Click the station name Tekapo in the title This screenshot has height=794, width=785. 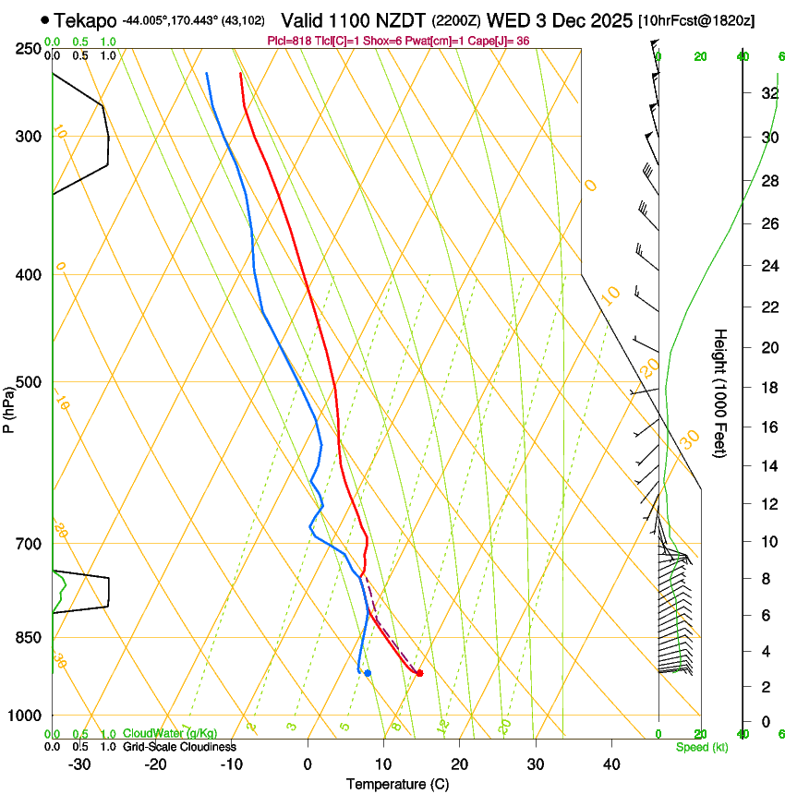point(85,20)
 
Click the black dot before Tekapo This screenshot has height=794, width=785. point(45,19)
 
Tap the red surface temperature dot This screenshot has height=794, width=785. point(419,673)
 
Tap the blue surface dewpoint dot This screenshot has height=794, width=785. point(368,673)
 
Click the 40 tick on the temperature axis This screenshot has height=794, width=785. point(610,764)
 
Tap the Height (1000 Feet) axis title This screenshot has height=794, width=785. point(721,393)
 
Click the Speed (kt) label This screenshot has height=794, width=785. point(701,747)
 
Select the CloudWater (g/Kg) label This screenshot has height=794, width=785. point(170,734)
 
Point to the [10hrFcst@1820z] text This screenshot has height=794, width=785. point(696,20)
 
